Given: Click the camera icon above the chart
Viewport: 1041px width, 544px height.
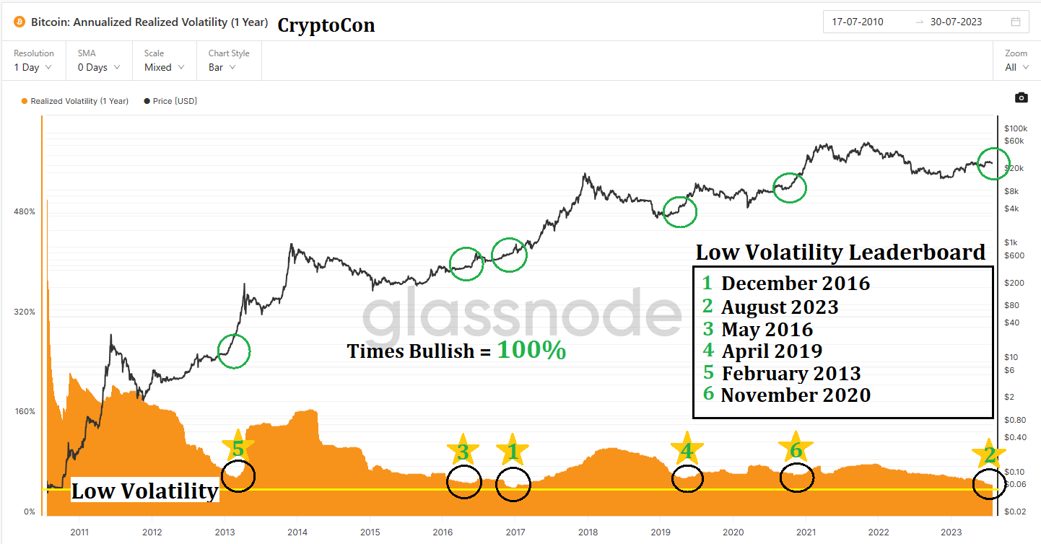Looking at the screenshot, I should (1021, 97).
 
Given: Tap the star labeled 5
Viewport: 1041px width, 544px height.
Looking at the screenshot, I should (238, 449).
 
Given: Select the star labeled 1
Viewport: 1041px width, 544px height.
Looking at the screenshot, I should (513, 452).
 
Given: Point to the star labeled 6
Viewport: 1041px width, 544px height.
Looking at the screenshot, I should (795, 449).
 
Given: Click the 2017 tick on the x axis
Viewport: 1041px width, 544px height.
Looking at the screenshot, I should (515, 532).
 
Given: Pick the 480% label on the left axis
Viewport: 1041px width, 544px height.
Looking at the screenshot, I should (25, 211).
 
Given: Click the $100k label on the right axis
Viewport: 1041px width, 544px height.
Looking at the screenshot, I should (1016, 128).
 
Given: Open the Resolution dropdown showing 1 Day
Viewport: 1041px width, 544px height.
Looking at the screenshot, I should (33, 67).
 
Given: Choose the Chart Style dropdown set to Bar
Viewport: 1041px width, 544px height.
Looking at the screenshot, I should (222, 67).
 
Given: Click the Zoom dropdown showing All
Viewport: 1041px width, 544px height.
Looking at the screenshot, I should (1015, 67).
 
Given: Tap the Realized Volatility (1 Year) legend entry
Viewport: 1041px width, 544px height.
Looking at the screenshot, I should (75, 101).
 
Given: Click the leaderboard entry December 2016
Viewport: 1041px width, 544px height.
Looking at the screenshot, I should (796, 283).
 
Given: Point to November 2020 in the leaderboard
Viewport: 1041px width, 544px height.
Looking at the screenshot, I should (796, 395).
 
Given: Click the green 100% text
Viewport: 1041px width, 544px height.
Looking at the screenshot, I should (531, 351).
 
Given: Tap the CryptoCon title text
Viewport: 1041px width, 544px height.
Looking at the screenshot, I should (326, 25).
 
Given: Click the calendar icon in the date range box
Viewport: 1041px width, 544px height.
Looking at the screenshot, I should (1016, 22).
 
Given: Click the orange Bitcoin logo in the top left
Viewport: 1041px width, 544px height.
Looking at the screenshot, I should (18, 22).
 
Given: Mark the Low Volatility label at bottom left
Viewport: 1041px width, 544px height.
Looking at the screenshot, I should (144, 491).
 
